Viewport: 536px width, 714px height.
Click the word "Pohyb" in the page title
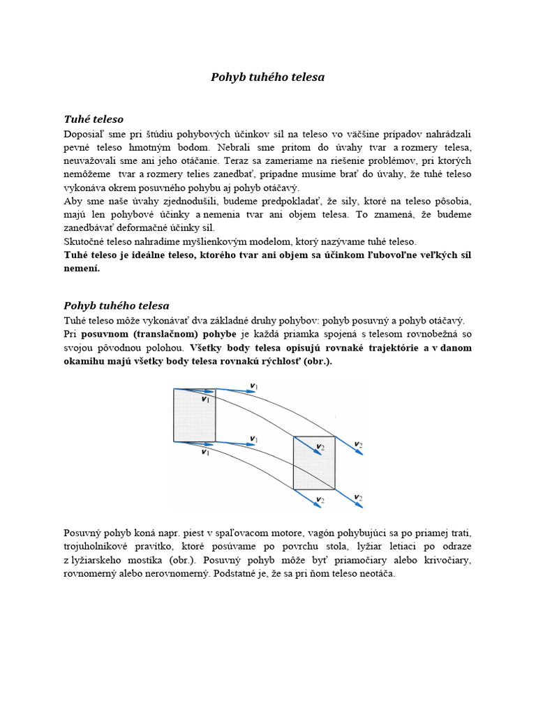point(226,77)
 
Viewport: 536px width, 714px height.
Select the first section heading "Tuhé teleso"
point(94,119)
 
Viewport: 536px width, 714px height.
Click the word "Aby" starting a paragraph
point(73,202)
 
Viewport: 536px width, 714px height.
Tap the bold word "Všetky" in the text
point(207,347)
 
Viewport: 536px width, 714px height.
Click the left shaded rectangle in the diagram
point(194,415)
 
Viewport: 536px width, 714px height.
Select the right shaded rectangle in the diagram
point(314,462)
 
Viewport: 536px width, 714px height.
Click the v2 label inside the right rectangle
point(320,446)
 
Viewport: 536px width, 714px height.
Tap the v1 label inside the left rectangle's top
point(205,400)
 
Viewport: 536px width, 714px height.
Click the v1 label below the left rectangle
point(205,452)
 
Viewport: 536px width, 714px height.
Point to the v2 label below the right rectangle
point(320,499)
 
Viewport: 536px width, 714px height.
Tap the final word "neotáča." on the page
point(375,574)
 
